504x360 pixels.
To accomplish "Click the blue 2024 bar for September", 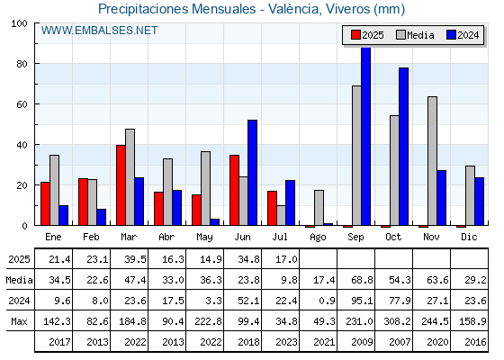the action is click(x=365, y=136).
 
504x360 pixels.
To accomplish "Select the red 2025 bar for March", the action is click(x=121, y=185).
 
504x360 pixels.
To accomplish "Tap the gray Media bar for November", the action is click(x=432, y=161).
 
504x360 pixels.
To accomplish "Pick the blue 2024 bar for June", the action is click(x=252, y=173).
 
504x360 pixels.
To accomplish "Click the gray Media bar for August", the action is click(x=319, y=208).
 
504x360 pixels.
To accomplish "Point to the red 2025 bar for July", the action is click(x=272, y=208).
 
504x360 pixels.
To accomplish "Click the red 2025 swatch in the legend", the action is click(x=355, y=35).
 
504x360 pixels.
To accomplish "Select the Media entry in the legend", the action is click(x=415, y=35).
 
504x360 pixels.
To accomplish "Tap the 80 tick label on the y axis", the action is click(x=22, y=64).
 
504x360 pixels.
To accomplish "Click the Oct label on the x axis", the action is click(x=393, y=237).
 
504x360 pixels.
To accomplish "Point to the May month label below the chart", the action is click(x=204, y=238).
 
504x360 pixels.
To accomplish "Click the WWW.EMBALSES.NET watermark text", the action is click(x=99, y=31).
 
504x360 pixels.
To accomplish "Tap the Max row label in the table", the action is click(x=19, y=321).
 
